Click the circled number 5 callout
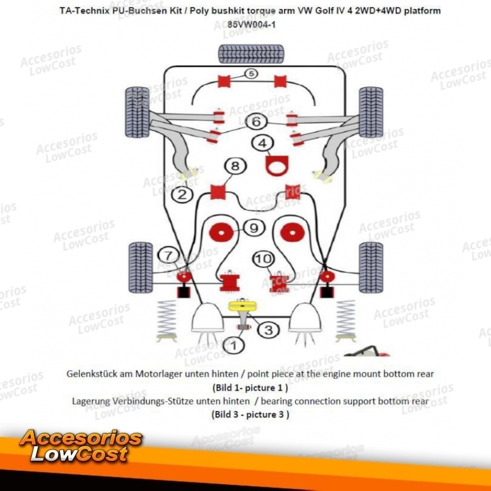[251, 74]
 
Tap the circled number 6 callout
[256, 122]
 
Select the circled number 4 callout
[263, 143]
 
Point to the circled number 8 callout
[235, 166]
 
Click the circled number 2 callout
[182, 195]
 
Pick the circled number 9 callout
[253, 228]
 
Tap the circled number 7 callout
[168, 255]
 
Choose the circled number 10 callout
[263, 258]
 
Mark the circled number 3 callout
[268, 330]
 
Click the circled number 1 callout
[234, 346]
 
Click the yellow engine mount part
[242, 305]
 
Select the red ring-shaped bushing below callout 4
[277, 166]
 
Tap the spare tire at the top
[251, 54]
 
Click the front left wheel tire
[137, 112]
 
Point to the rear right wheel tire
[371, 268]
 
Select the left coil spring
[167, 320]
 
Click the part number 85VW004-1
[252, 25]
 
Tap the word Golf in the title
[324, 10]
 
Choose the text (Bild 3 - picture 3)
[250, 415]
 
